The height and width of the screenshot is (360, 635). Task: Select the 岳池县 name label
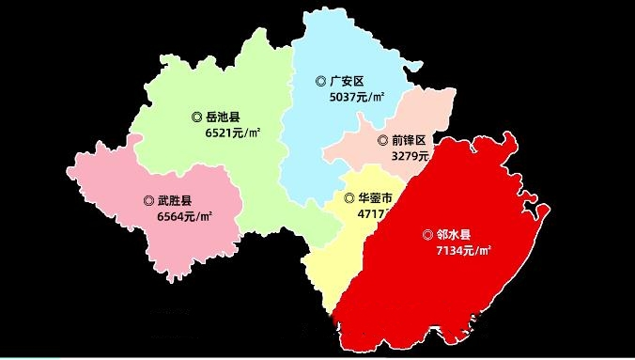[223, 117]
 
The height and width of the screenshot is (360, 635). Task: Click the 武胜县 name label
[175, 200]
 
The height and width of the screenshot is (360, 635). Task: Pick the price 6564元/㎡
[184, 216]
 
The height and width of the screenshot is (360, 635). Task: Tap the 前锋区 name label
[409, 140]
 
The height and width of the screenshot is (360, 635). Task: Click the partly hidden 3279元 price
[410, 156]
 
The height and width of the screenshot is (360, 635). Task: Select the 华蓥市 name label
[375, 198]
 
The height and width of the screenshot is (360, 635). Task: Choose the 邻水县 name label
[454, 234]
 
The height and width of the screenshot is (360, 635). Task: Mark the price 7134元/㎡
[463, 251]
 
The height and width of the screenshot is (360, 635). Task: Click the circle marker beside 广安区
[320, 82]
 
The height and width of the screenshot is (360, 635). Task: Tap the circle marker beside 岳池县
[196, 117]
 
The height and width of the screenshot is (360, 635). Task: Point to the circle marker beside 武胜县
[148, 200]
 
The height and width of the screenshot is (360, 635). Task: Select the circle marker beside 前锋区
[382, 140]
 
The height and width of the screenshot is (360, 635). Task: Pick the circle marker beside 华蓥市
[349, 198]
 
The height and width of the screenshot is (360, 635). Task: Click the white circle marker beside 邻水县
[427, 234]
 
